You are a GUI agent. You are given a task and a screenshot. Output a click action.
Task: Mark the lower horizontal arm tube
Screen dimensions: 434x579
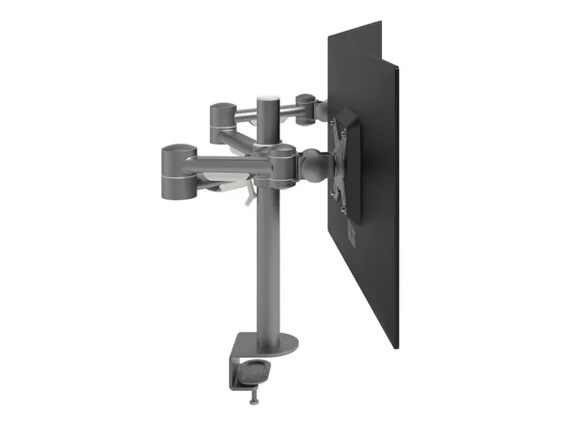231,166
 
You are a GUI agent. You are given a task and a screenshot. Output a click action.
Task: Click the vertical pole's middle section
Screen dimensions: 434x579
271,253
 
